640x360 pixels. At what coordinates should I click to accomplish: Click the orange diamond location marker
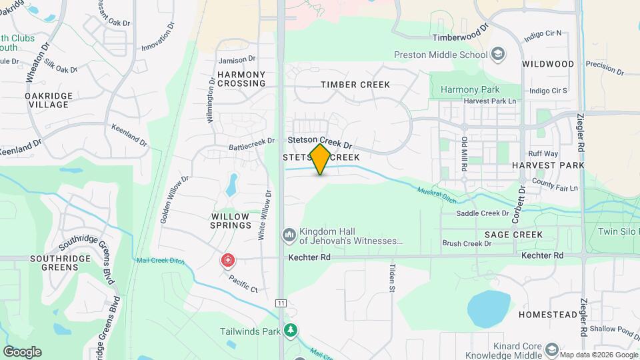pyautogui.click(x=320, y=159)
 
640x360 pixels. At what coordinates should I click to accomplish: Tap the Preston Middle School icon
pyautogui.click(x=497, y=53)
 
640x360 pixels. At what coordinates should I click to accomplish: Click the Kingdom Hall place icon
pyautogui.click(x=289, y=235)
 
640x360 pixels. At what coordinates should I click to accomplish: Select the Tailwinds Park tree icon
pyautogui.click(x=290, y=330)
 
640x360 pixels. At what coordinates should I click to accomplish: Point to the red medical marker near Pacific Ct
pyautogui.click(x=228, y=259)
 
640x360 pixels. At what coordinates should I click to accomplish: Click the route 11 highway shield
pyautogui.click(x=281, y=303)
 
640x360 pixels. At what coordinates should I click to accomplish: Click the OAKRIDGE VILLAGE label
pyautogui.click(x=47, y=101)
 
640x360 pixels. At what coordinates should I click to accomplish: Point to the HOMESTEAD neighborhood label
pyautogui.click(x=545, y=314)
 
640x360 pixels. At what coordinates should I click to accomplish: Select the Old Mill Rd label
pyautogui.click(x=465, y=153)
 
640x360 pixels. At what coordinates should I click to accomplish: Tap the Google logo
pyautogui.click(x=22, y=351)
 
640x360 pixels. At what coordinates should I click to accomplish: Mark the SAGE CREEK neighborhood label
pyautogui.click(x=514, y=235)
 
